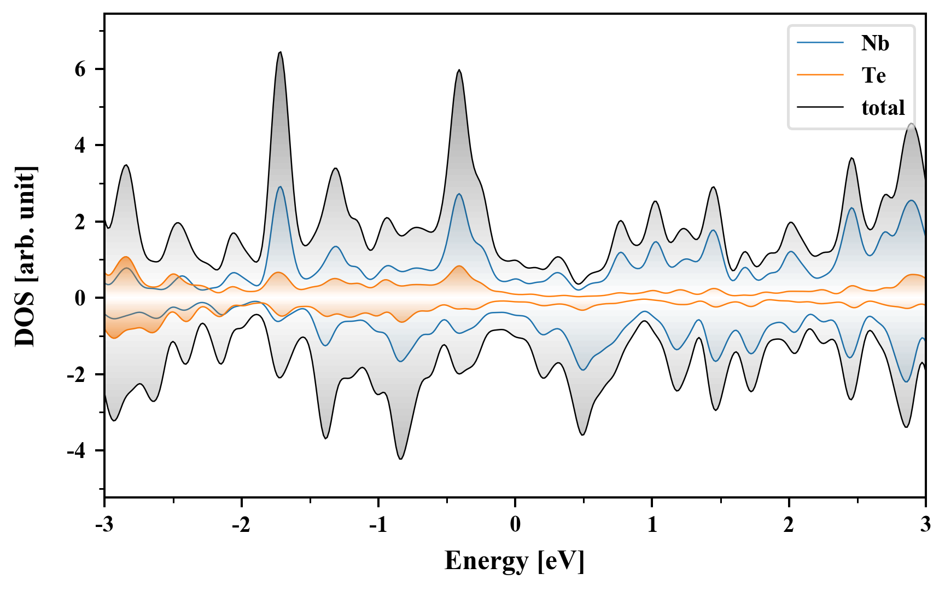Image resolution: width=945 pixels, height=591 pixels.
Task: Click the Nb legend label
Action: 874,43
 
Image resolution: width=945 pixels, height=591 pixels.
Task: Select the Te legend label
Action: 873,76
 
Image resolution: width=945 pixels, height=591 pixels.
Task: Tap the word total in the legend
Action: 883,108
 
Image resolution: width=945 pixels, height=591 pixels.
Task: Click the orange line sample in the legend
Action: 820,74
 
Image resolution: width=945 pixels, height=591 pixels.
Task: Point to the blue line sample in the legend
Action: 820,43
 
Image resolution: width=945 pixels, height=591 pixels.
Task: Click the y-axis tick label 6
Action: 80,69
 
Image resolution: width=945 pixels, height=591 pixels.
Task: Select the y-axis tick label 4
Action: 80,146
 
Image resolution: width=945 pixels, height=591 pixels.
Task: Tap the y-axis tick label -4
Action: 77,451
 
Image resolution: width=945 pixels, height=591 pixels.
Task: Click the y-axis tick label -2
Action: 77,375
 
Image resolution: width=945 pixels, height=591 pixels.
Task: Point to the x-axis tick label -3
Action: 104,525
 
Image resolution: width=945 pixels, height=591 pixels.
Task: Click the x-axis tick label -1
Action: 378,525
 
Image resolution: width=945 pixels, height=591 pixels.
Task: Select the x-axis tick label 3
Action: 925,525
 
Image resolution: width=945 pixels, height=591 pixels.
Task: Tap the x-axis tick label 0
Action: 515,525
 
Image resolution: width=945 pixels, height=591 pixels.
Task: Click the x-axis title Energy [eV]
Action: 515,561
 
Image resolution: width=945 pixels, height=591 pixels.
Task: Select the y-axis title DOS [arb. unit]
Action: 25,256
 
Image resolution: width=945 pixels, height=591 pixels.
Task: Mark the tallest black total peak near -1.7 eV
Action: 280,53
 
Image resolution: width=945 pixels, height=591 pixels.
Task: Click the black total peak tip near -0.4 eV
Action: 459,70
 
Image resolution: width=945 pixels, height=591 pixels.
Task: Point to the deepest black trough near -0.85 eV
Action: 401,459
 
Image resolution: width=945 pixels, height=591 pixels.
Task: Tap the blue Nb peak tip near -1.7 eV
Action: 280,187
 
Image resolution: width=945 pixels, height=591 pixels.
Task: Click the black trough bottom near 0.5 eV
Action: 582,434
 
